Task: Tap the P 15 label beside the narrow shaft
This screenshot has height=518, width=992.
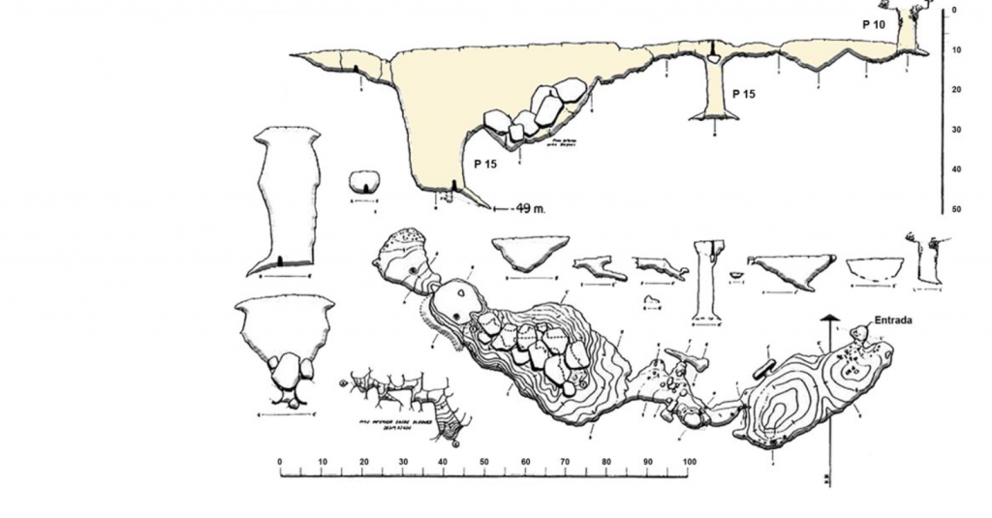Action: [x=744, y=94]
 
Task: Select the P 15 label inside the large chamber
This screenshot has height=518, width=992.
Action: [x=485, y=164]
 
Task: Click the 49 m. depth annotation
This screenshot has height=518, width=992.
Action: [x=529, y=207]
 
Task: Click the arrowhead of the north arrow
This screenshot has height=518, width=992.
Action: [x=828, y=320]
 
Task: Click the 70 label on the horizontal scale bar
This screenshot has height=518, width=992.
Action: [x=565, y=462]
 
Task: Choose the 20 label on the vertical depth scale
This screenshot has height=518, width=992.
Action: [x=956, y=90]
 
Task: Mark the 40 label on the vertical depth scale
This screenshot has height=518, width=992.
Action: [x=956, y=170]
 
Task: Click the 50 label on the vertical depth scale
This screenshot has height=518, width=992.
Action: [x=956, y=210]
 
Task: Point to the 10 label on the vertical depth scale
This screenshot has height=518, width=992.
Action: [x=956, y=50]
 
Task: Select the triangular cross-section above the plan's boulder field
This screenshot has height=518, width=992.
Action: [x=529, y=254]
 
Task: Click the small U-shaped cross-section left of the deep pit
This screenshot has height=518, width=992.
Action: [x=363, y=182]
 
